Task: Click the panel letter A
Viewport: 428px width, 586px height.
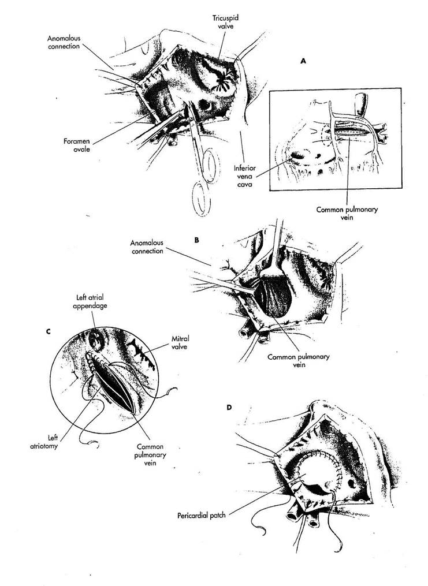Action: click(303, 61)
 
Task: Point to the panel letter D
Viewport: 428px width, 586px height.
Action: click(229, 408)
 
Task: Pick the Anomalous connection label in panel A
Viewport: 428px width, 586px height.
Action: click(64, 43)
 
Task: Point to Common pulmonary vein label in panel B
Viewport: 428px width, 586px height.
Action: click(298, 361)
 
